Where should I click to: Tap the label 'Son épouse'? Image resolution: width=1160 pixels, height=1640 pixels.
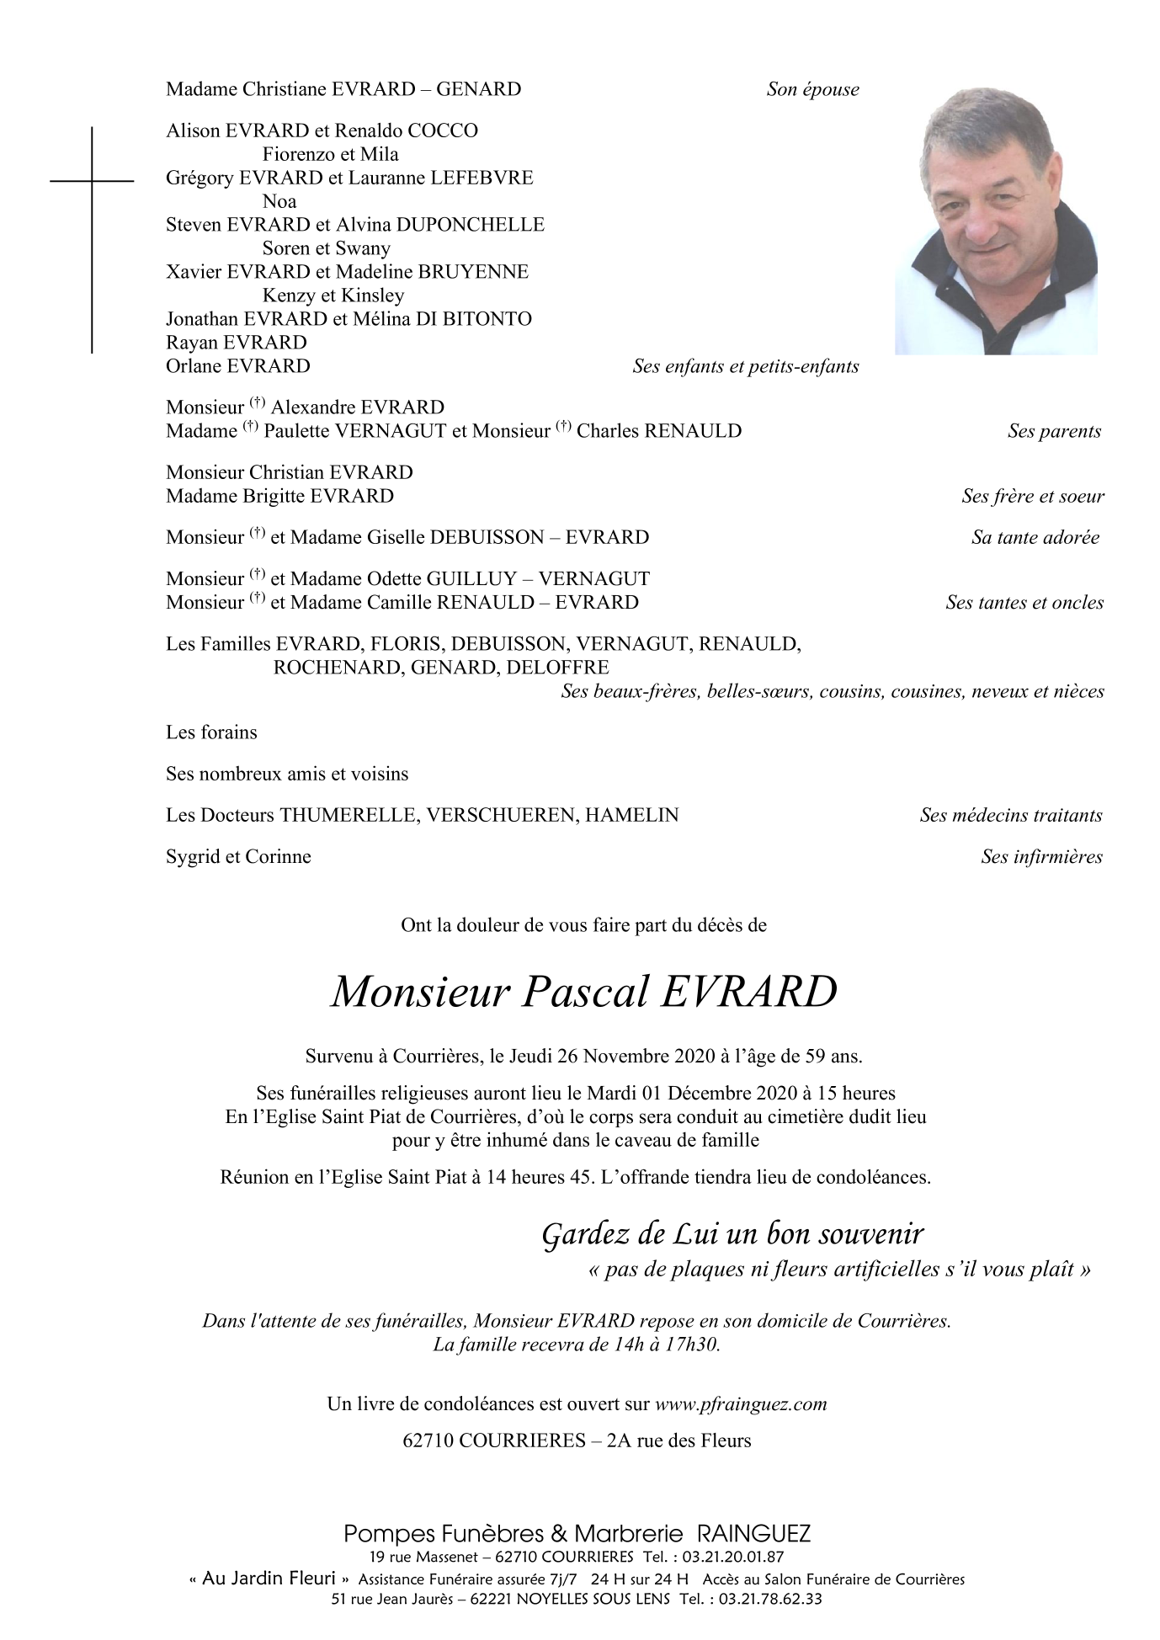pyautogui.click(x=812, y=90)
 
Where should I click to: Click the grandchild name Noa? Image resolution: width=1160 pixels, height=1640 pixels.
pyautogui.click(x=279, y=201)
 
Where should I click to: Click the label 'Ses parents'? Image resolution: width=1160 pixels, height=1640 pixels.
pyautogui.click(x=1054, y=431)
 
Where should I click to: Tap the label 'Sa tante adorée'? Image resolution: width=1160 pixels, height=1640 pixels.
pyautogui.click(x=1035, y=538)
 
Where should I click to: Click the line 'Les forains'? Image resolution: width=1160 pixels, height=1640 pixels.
pyautogui.click(x=211, y=732)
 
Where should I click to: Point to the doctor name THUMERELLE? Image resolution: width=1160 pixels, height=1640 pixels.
pyautogui.click(x=348, y=815)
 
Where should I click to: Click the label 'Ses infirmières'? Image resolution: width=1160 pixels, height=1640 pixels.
pyautogui.click(x=1041, y=857)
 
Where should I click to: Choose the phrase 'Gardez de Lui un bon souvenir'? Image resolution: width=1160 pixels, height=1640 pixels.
pyautogui.click(x=732, y=1234)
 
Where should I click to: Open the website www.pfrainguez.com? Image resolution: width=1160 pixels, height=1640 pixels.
pyautogui.click(x=741, y=1404)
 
